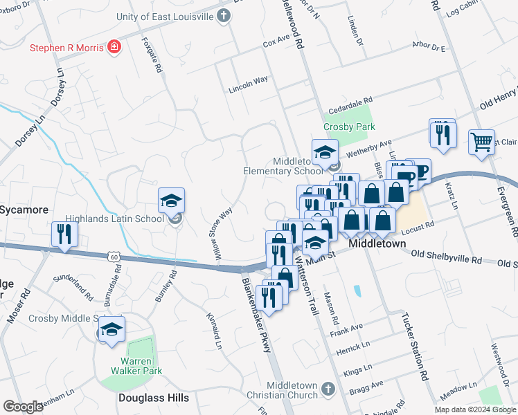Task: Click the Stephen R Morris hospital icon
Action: point(114,48)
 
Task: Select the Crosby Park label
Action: point(349,127)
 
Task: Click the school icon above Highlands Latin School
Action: point(171,201)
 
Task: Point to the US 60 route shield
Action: point(112,257)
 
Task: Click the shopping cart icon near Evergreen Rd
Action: point(481,142)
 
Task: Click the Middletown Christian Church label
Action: point(292,390)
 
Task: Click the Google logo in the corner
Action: point(23,406)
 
